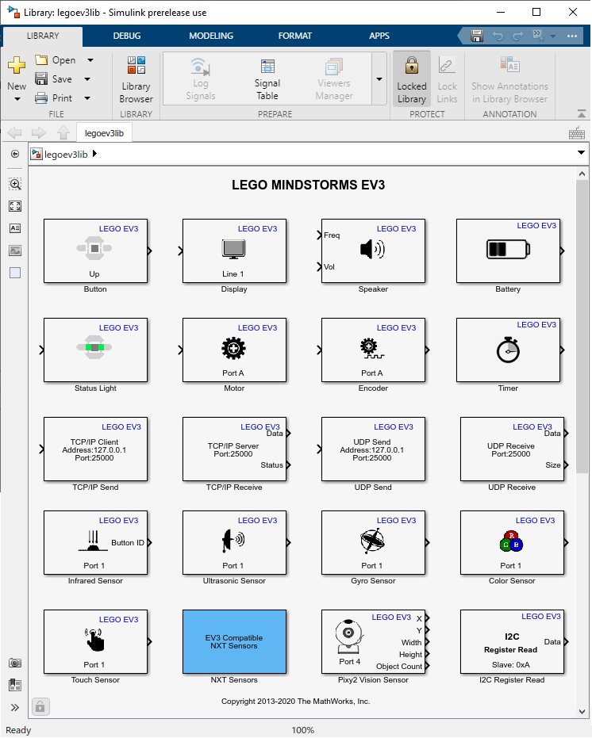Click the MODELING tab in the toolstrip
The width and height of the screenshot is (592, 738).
[x=211, y=36]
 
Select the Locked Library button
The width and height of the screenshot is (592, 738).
[x=412, y=79]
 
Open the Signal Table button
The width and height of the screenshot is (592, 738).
[x=267, y=79]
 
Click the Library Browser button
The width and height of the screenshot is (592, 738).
[x=136, y=79]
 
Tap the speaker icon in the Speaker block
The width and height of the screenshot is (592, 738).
[x=371, y=250]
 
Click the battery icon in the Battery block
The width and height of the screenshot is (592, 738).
[x=507, y=250]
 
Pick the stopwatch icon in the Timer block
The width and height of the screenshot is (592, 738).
[x=508, y=350]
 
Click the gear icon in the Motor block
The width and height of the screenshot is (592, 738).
[x=233, y=348]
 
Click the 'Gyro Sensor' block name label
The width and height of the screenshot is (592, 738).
[x=372, y=581]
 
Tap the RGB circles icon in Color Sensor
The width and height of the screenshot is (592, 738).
[x=511, y=542]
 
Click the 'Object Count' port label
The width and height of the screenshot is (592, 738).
[x=399, y=667]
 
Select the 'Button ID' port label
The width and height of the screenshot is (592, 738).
[x=128, y=543]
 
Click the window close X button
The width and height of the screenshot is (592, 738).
[x=572, y=12]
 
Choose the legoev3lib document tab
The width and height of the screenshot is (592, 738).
[x=104, y=133]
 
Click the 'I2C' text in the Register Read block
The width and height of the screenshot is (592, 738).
[x=512, y=637]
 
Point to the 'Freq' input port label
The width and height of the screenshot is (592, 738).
[x=332, y=235]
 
